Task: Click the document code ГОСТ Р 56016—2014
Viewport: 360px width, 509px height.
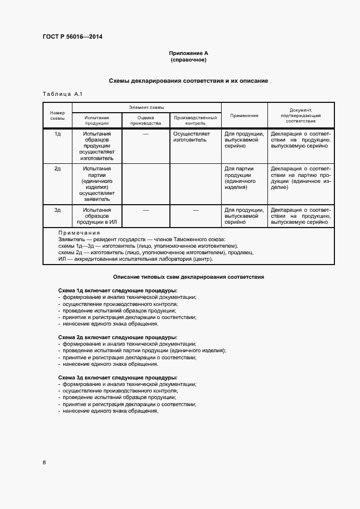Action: click(x=72, y=37)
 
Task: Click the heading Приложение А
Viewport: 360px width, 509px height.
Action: click(x=188, y=53)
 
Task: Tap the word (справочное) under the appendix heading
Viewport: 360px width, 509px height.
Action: click(x=188, y=59)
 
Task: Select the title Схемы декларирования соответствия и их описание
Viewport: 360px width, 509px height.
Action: click(x=188, y=81)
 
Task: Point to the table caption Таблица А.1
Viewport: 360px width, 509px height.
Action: click(x=62, y=94)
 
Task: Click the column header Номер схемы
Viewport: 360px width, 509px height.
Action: click(x=57, y=115)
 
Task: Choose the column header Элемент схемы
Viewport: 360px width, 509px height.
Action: click(x=147, y=108)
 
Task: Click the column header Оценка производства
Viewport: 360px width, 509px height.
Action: click(x=146, y=120)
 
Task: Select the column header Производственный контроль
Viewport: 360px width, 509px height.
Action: click(x=196, y=120)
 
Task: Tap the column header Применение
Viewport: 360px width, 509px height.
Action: click(x=244, y=115)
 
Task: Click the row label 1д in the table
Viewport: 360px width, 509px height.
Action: click(x=57, y=133)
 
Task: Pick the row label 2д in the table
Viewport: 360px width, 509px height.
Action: click(x=57, y=169)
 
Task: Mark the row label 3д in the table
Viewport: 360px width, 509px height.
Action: click(x=57, y=210)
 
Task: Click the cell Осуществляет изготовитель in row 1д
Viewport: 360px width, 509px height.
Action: click(x=191, y=137)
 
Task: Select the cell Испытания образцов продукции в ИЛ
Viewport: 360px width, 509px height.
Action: click(x=97, y=216)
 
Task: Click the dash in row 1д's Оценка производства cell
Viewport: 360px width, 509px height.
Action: click(x=146, y=133)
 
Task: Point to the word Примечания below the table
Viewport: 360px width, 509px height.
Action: click(x=79, y=233)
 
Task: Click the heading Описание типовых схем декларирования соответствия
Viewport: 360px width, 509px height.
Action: click(x=188, y=277)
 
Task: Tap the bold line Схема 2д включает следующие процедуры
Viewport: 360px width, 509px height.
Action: click(x=117, y=338)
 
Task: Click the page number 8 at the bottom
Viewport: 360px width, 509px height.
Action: click(x=44, y=463)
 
